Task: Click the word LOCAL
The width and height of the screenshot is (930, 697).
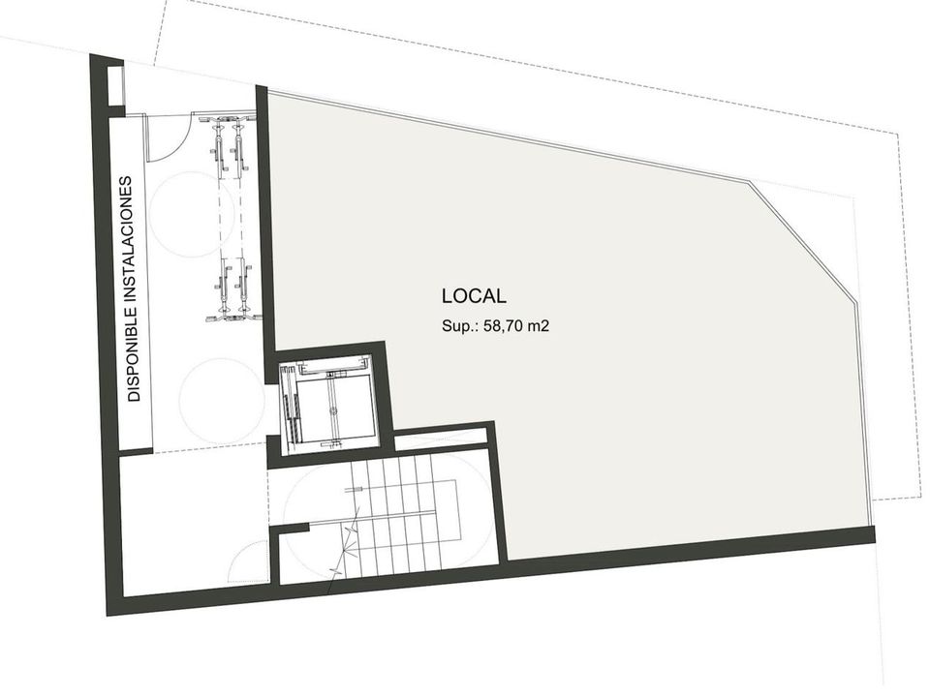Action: (x=474, y=296)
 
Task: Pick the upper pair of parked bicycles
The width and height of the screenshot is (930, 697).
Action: (x=231, y=145)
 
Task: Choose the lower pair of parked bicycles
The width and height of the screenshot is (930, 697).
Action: (x=232, y=290)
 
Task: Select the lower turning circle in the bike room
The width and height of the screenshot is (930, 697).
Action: (x=223, y=400)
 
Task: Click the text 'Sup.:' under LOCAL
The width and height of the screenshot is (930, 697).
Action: (x=461, y=326)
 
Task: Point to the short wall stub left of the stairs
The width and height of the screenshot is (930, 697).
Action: (x=291, y=527)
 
